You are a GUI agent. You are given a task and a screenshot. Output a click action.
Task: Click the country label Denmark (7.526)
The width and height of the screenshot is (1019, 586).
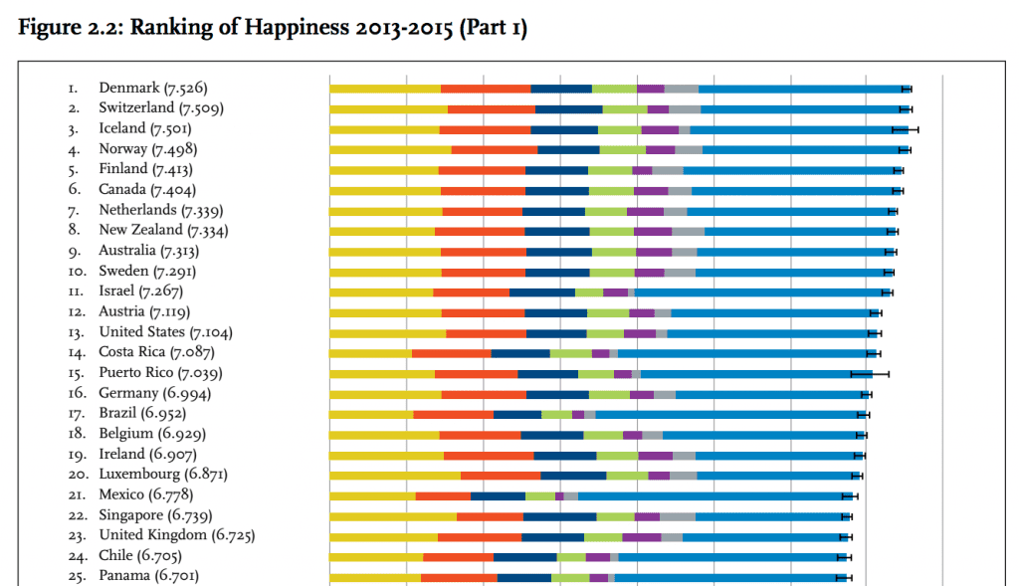tap(152, 89)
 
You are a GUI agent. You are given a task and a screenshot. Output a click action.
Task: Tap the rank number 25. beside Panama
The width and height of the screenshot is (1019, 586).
tap(77, 576)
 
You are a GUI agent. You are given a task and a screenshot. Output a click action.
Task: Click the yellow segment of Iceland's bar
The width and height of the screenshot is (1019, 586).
tap(384, 129)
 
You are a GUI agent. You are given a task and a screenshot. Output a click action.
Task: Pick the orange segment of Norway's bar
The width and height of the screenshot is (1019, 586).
tap(494, 149)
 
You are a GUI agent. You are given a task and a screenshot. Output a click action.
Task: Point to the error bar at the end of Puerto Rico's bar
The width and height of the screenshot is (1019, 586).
tap(870, 373)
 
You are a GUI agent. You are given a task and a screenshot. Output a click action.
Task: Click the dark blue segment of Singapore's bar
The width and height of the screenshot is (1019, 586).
tap(559, 516)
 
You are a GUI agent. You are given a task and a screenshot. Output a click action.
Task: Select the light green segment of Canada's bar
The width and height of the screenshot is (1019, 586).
tap(611, 190)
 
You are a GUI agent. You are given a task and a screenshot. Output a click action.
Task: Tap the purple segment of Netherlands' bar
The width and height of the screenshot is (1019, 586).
tap(645, 211)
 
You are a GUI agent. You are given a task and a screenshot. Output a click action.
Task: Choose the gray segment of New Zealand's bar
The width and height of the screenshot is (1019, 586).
tap(688, 231)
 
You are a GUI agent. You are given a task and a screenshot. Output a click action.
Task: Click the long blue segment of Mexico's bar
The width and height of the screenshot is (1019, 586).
tap(713, 495)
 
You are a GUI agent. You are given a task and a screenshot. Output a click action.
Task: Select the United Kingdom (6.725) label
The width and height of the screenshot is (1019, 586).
tap(176, 535)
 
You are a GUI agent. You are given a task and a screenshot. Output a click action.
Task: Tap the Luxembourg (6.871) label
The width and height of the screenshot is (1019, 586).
tap(162, 475)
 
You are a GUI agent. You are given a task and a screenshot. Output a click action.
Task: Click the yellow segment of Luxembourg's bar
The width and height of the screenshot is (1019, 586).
tap(395, 476)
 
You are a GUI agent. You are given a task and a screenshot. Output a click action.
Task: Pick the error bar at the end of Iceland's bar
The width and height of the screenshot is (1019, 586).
tap(905, 129)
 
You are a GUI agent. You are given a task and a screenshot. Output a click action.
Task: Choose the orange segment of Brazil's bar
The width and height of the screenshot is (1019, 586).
tap(453, 414)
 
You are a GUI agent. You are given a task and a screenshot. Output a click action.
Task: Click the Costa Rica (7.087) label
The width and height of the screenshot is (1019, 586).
tap(156, 352)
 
